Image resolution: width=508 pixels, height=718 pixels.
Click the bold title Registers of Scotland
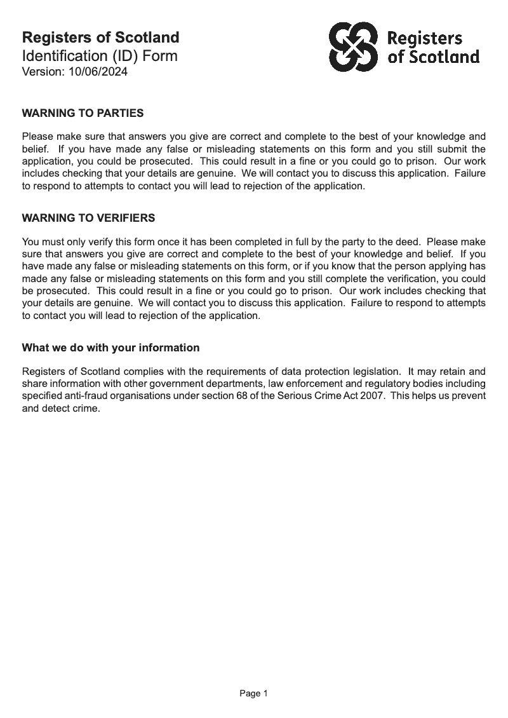(x=100, y=37)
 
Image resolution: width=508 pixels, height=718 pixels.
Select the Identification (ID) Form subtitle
(x=100, y=56)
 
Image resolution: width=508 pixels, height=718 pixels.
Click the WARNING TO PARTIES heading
(x=83, y=114)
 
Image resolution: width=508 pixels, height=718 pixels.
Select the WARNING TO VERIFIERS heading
(x=88, y=218)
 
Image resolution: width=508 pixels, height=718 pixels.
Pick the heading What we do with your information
(x=110, y=348)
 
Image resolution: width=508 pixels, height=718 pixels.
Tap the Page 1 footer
(x=253, y=694)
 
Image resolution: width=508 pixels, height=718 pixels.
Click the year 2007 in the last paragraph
(x=363, y=396)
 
